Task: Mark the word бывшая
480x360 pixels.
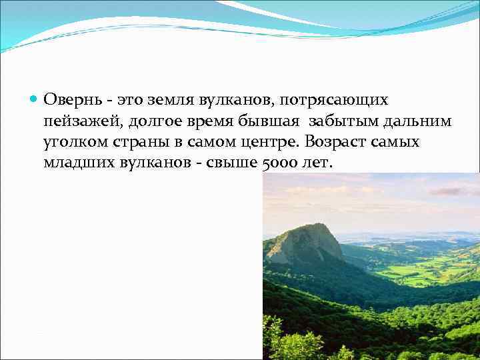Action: coord(267,121)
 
